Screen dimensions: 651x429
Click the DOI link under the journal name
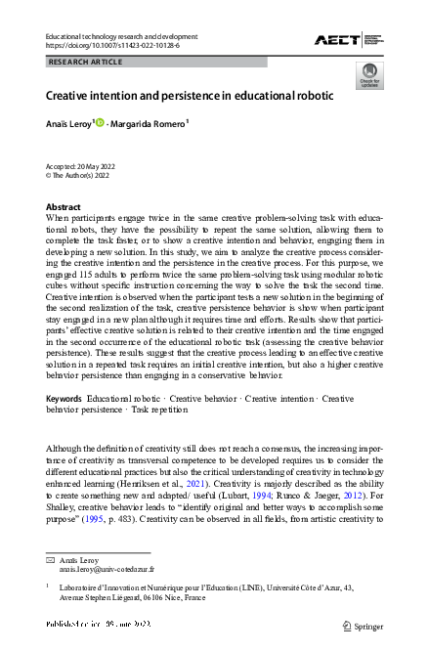click(107, 45)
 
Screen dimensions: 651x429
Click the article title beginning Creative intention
click(190, 97)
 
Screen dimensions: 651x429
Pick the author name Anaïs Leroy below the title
click(68, 123)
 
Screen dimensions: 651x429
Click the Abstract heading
click(64, 207)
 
